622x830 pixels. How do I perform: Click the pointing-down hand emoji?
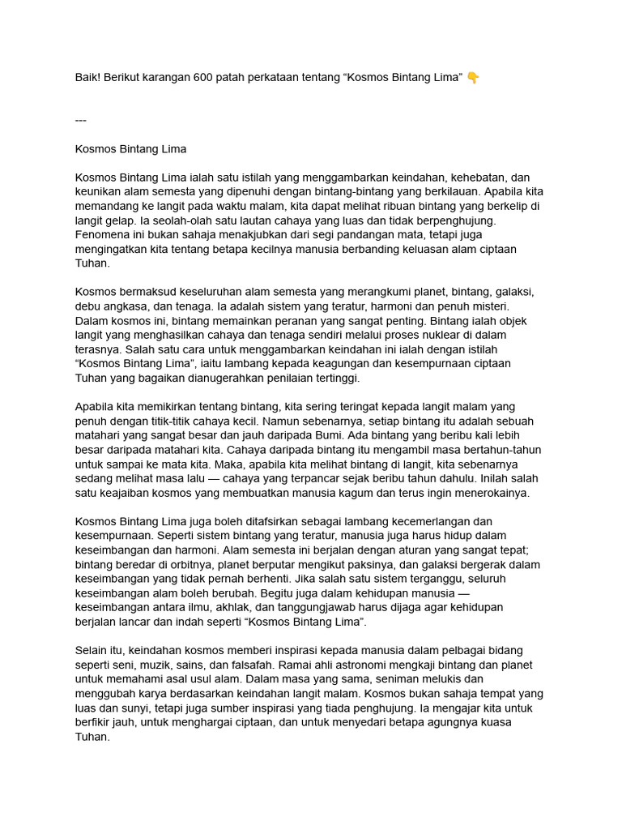click(x=473, y=77)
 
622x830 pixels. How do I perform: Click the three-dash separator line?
click(x=80, y=120)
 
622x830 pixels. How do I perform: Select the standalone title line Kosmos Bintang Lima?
click(x=130, y=149)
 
